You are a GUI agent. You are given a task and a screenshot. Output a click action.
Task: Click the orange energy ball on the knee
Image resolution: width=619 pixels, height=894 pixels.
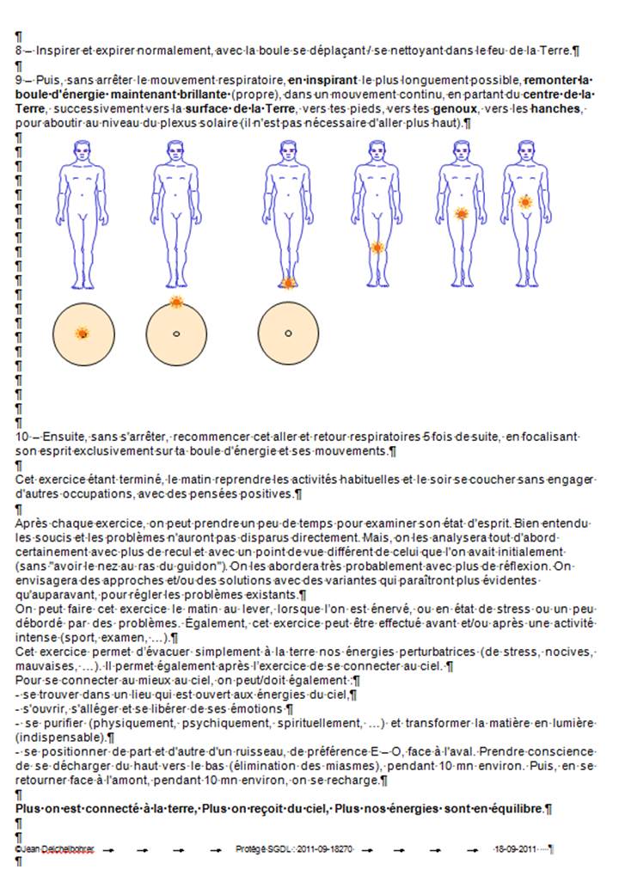click(x=377, y=248)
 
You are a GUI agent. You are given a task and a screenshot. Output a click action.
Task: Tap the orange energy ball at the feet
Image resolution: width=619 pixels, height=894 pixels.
click(x=288, y=283)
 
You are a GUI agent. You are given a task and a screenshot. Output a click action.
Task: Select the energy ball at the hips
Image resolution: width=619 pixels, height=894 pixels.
click(x=461, y=214)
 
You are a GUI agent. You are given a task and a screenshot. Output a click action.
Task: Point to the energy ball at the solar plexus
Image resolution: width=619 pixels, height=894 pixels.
click(x=525, y=201)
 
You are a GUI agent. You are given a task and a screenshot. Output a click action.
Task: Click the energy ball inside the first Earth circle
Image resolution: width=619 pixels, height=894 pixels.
click(x=83, y=334)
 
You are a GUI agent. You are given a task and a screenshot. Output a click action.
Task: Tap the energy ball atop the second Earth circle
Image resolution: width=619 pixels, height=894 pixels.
click(x=176, y=303)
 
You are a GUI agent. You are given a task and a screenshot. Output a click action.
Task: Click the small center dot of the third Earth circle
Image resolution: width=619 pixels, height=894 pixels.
click(x=288, y=333)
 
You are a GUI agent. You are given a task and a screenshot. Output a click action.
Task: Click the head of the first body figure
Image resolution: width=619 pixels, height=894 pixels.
click(x=82, y=151)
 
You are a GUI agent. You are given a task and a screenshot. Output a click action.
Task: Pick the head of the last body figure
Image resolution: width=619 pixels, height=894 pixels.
click(x=525, y=151)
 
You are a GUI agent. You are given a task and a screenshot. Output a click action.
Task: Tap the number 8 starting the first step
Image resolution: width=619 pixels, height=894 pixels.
click(x=19, y=51)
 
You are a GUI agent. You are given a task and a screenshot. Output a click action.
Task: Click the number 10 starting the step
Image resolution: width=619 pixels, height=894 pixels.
click(x=21, y=437)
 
